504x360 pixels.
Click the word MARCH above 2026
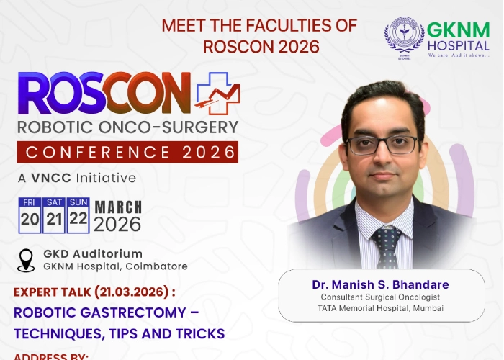[x=118, y=207]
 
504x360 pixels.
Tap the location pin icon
[x=27, y=260]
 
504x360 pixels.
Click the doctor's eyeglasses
[x=382, y=144]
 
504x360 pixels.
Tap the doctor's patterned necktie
[x=386, y=245]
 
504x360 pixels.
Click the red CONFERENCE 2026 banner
[x=127, y=152]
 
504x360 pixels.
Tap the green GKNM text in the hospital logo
[x=458, y=30]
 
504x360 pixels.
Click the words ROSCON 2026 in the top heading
[x=259, y=46]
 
